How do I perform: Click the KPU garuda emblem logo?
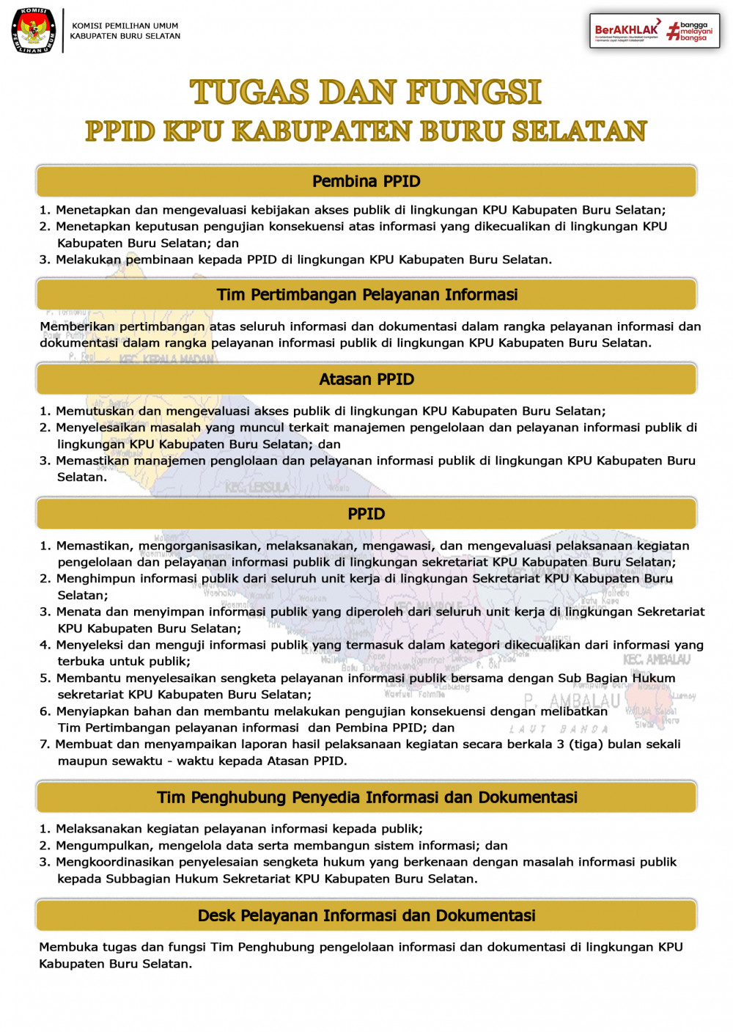click(x=33, y=31)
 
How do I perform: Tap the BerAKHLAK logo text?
click(x=627, y=29)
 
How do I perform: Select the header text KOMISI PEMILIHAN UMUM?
click(x=125, y=26)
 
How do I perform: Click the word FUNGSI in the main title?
click(x=474, y=92)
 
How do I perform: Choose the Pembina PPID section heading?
click(x=366, y=181)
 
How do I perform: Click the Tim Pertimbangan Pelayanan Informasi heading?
click(x=366, y=295)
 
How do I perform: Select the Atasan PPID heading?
click(x=366, y=379)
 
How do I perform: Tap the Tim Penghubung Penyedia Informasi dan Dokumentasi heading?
click(x=366, y=797)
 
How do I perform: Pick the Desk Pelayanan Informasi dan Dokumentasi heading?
click(x=366, y=915)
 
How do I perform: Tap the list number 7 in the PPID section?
click(x=43, y=744)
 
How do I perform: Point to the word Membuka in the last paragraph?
click(x=67, y=947)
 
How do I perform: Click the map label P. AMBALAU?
click(x=571, y=701)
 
